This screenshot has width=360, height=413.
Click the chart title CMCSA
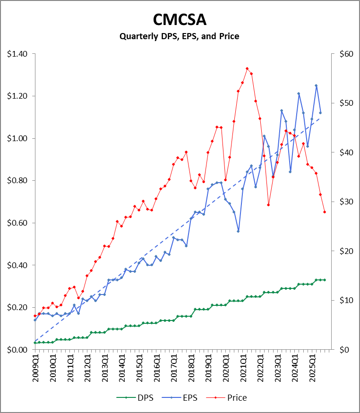click(x=180, y=20)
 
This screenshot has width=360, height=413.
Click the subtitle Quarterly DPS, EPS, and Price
click(x=180, y=36)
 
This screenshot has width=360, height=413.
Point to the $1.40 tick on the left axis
click(x=17, y=54)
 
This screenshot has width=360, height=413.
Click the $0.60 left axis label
click(x=17, y=223)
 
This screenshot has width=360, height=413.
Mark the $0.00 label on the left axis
click(x=17, y=349)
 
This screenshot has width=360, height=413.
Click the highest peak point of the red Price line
click(x=247, y=68)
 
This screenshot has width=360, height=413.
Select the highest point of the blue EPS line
click(x=316, y=85)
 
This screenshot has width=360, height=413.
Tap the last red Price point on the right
click(x=325, y=212)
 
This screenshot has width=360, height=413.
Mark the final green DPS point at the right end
click(x=325, y=280)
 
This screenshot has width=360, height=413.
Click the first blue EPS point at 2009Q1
click(x=35, y=320)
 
